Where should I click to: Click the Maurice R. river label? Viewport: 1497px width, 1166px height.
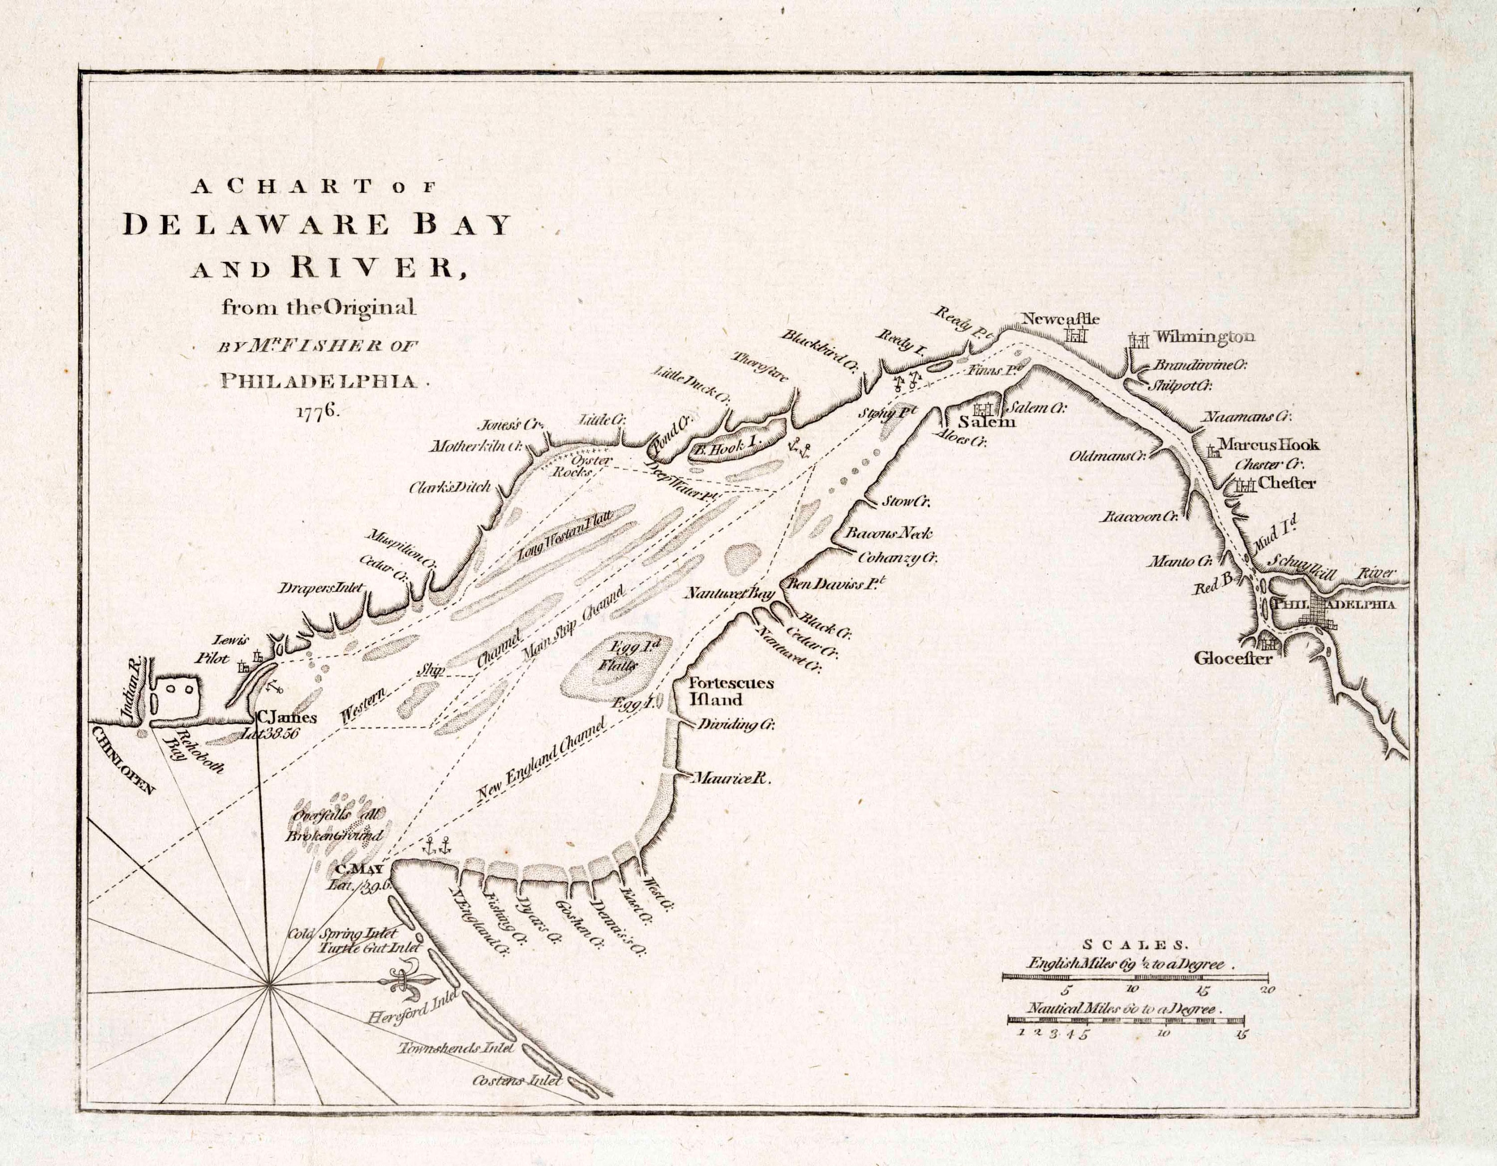[732, 779]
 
